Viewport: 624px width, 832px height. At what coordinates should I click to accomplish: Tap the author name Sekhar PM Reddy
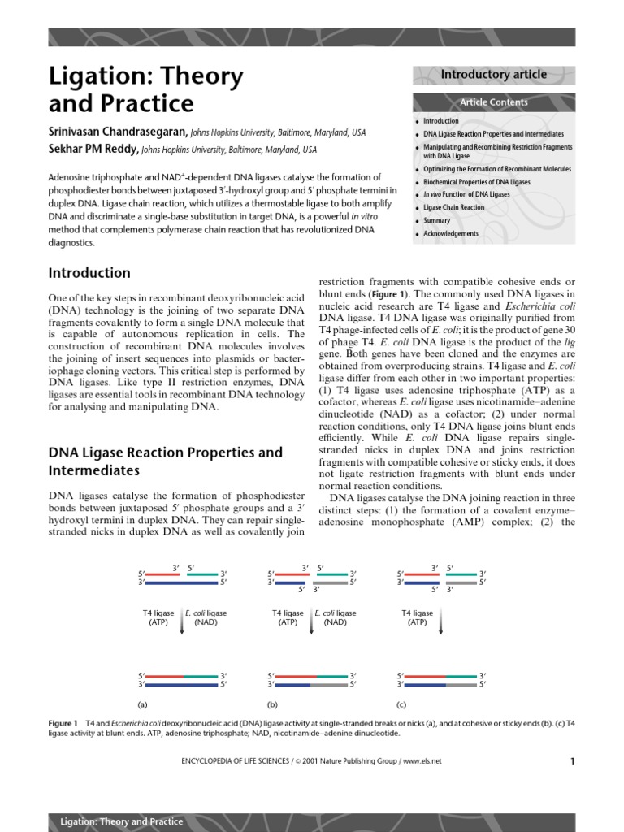pyautogui.click(x=93, y=149)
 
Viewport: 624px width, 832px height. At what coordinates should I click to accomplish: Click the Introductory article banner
pyautogui.click(x=493, y=75)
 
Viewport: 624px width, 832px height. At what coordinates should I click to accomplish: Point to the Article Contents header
pyautogui.click(x=493, y=102)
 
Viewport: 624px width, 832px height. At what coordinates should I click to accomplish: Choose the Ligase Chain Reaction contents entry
pyautogui.click(x=453, y=207)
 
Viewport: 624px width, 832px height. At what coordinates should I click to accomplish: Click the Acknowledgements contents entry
pyautogui.click(x=451, y=234)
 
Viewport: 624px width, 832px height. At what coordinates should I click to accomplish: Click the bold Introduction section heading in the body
pyautogui.click(x=89, y=273)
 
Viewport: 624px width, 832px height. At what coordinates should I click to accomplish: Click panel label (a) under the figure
pyautogui.click(x=144, y=704)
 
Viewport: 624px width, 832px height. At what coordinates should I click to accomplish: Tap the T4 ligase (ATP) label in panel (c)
pyautogui.click(x=417, y=617)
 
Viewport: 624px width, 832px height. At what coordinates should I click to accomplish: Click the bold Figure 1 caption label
pyautogui.click(x=63, y=723)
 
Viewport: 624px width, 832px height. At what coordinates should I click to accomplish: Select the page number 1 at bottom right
pyautogui.click(x=572, y=761)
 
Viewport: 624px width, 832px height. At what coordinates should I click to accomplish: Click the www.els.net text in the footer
pyautogui.click(x=421, y=761)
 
